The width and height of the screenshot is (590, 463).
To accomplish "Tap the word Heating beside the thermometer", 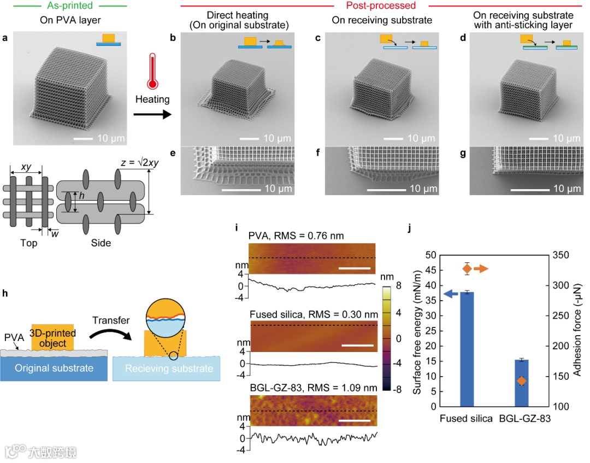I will click(x=153, y=99).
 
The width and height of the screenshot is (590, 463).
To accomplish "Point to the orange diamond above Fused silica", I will click(x=467, y=269).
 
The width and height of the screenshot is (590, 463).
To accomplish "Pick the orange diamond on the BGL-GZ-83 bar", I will click(x=522, y=381).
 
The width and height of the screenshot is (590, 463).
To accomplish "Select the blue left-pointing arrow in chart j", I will click(x=451, y=294).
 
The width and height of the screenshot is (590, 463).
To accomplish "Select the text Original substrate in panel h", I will click(x=54, y=368).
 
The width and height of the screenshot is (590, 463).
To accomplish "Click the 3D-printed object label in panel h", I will click(x=54, y=338).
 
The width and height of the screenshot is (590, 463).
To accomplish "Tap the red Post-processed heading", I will click(x=381, y=6).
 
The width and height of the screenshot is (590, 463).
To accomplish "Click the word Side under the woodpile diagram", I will click(x=101, y=242).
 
